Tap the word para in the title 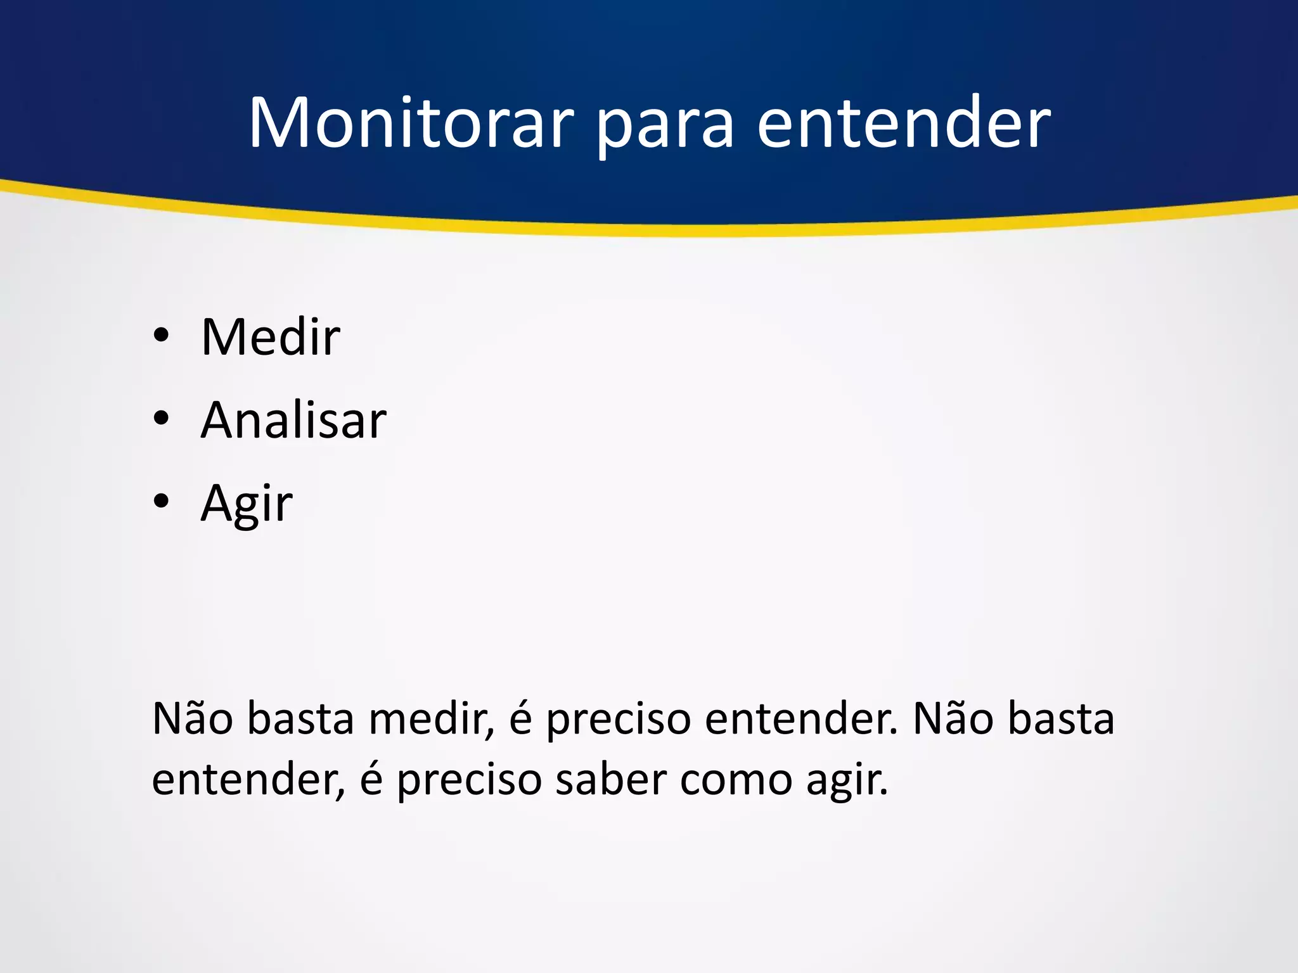tap(665, 127)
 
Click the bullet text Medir tap(271, 337)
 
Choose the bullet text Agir tap(247, 504)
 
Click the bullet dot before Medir tap(161, 336)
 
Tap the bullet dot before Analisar tap(161, 419)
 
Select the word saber tap(611, 779)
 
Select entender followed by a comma tap(248, 779)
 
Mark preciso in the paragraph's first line tap(618, 722)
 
